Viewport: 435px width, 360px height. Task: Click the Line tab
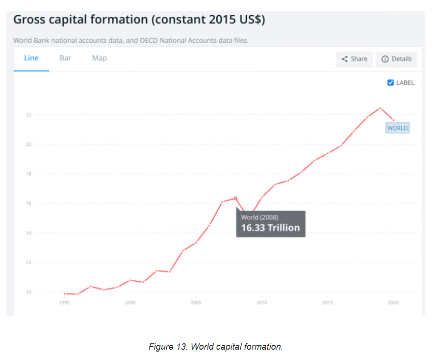pyautogui.click(x=31, y=58)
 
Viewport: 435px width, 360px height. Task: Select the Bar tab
pyautogui.click(x=65, y=58)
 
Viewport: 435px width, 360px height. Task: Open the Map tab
pyautogui.click(x=99, y=58)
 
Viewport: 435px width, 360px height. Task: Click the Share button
pyautogui.click(x=354, y=59)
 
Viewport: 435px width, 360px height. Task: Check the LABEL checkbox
pyautogui.click(x=390, y=83)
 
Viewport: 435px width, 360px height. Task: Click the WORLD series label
pyautogui.click(x=397, y=128)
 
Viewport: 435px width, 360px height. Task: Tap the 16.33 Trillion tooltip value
pyautogui.click(x=270, y=228)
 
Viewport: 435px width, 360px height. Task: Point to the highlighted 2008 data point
pyautogui.click(x=235, y=198)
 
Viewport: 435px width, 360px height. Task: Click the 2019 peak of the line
pyautogui.click(x=380, y=108)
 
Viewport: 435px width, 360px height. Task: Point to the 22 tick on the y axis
pyautogui.click(x=28, y=115)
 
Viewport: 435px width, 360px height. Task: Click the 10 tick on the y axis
pyautogui.click(x=28, y=292)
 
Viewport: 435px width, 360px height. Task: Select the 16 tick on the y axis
pyautogui.click(x=28, y=204)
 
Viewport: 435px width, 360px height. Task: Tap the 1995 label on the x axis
pyautogui.click(x=64, y=303)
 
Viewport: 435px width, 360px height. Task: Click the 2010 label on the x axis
pyautogui.click(x=262, y=303)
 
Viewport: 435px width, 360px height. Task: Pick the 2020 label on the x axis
pyautogui.click(x=393, y=303)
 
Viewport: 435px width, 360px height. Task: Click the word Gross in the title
pyautogui.click(x=32, y=20)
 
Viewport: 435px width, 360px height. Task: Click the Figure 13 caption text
pyautogui.click(x=216, y=347)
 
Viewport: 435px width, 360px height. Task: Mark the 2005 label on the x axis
pyautogui.click(x=196, y=303)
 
